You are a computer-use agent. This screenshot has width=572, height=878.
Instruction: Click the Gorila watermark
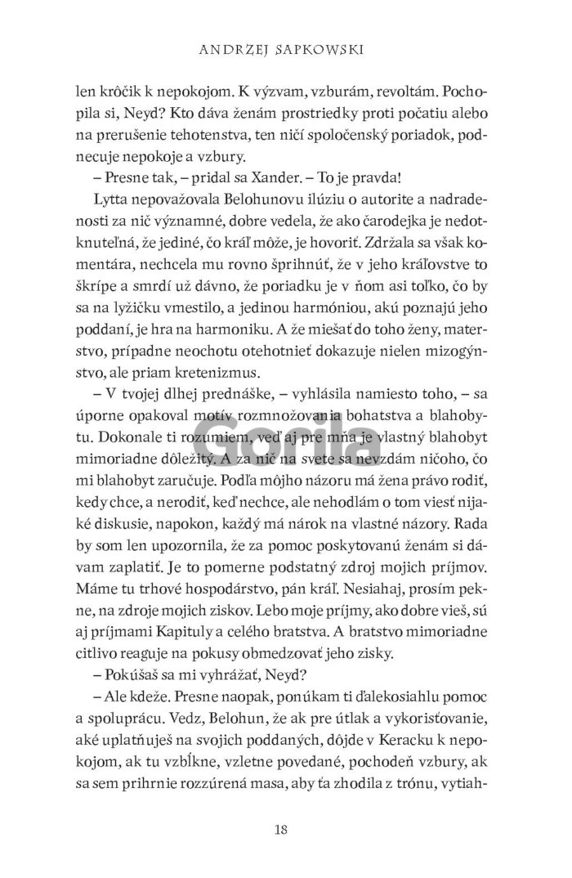[x=286, y=441]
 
